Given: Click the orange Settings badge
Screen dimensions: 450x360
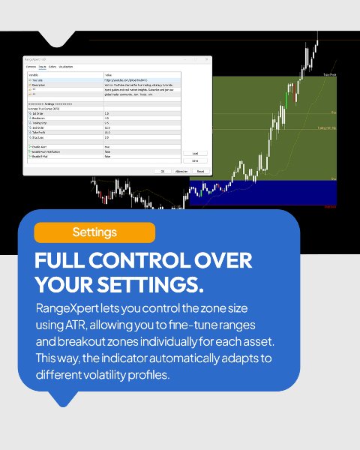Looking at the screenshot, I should point(94,232).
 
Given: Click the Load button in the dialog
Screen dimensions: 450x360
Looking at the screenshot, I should point(195,153).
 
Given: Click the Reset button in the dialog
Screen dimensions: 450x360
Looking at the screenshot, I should point(199,171).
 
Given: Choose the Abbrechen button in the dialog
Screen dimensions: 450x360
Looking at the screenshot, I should point(181,171).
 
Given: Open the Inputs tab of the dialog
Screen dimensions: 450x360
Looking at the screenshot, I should point(43,66).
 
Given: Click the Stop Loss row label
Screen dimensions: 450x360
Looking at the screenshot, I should point(38,138).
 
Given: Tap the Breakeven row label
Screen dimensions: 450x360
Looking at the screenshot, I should point(40,117).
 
